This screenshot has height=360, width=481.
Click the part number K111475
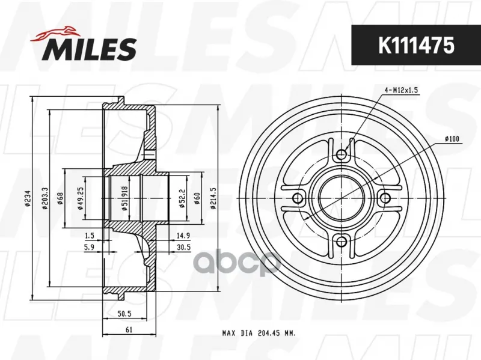(x=416, y=45)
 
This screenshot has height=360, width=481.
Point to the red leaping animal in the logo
(x=55, y=34)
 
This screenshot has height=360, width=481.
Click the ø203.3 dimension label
(x=44, y=199)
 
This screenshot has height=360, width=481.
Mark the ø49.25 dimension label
(x=81, y=198)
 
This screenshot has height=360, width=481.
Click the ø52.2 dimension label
(x=182, y=198)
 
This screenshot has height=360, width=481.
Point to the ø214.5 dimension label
(x=213, y=198)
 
